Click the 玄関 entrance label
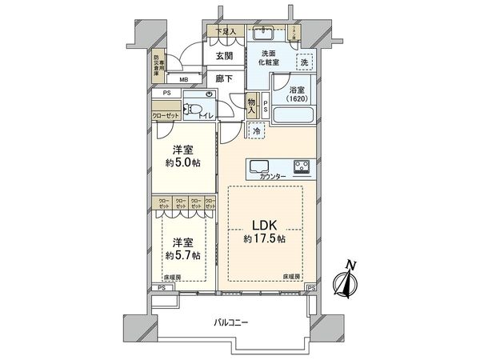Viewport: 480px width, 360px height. [225, 57]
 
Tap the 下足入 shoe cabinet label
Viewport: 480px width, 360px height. [224, 31]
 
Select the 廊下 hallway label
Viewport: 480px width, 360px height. [225, 80]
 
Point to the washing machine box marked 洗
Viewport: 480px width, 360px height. [305, 62]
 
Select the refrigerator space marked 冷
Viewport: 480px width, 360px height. [257, 130]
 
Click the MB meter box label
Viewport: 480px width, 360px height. [184, 80]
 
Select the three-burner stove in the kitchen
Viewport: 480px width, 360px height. [304, 167]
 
